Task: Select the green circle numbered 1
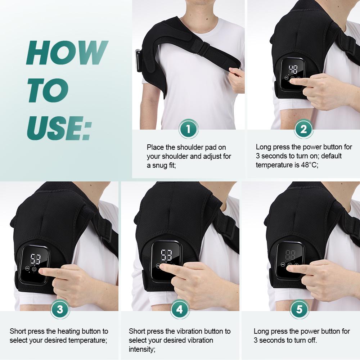coord(188,129)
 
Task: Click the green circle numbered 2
coord(303,129)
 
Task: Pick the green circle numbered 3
coord(59,309)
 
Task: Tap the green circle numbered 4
coord(180,309)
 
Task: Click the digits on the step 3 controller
coord(35,258)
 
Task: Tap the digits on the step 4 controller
coord(166,255)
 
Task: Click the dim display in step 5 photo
coord(291,256)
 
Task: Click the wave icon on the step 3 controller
coord(27,269)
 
